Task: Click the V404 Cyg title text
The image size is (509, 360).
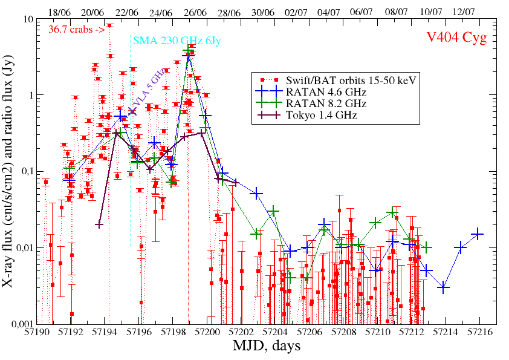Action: coord(456,38)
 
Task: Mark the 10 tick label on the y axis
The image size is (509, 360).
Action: coord(27,19)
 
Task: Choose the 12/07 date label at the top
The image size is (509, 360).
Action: coord(463,12)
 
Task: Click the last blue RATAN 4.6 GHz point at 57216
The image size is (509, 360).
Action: coord(478,234)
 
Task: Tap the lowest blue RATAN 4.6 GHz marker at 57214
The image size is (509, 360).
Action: coord(444,288)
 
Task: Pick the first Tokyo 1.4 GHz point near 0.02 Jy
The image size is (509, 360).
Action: coord(99,224)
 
